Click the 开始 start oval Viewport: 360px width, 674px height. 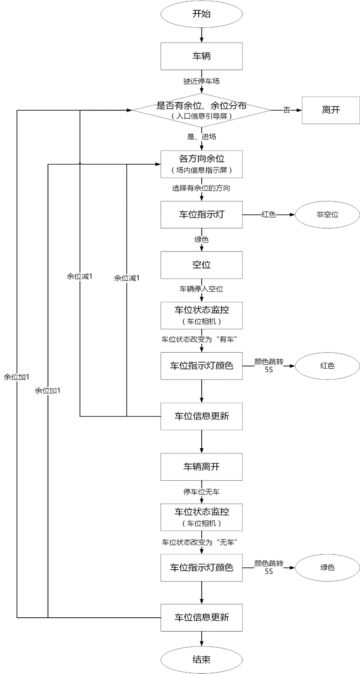click(201, 14)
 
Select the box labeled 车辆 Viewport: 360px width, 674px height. click(201, 56)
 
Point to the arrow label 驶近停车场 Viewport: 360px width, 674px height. click(201, 81)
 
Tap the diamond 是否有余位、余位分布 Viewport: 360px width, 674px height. click(201, 110)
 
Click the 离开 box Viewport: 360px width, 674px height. click(331, 110)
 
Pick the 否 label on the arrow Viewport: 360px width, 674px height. click(287, 110)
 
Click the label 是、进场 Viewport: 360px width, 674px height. click(201, 137)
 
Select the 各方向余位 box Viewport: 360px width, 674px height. click(201, 164)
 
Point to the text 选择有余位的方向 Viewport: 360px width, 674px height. click(201, 188)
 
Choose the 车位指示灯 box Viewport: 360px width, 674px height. click(201, 214)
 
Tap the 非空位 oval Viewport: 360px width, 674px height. click(327, 214)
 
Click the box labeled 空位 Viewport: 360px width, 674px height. click(201, 265)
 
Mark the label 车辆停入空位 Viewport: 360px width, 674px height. click(201, 289)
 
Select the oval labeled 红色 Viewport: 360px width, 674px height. click(327, 366)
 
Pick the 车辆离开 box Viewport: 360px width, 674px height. click(201, 467)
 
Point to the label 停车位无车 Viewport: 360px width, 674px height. click(201, 492)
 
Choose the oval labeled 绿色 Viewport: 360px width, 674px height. click(327, 567)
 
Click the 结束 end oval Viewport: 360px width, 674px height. click(201, 660)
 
